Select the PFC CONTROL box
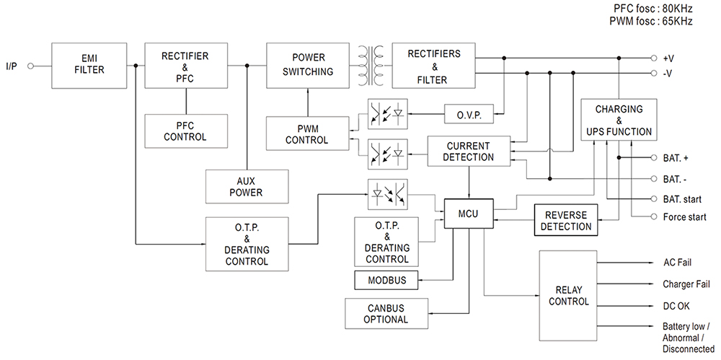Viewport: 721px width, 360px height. click(185, 131)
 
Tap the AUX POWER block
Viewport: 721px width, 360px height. click(246, 187)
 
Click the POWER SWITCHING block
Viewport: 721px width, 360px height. click(308, 64)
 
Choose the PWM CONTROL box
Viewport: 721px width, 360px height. click(306, 134)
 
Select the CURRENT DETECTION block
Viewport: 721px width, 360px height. click(469, 152)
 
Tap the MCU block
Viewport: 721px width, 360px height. click(468, 214)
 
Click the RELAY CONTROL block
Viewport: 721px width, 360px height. click(569, 296)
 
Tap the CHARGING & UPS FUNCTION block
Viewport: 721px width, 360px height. click(619, 120)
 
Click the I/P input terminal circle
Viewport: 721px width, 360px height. click(30, 66)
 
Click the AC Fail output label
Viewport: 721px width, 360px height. click(677, 263)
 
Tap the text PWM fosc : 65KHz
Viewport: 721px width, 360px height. click(650, 22)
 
